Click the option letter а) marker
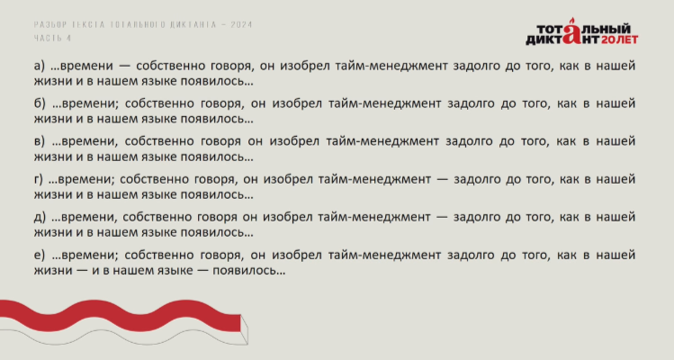tap(39, 66)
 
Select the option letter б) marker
tap(40, 103)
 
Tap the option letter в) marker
tap(39, 141)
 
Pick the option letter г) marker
tap(39, 179)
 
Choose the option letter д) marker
tap(40, 217)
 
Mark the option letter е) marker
tap(39, 255)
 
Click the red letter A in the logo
tap(571, 32)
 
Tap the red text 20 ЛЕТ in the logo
tap(619, 40)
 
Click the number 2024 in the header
tap(241, 24)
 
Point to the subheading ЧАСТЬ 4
tap(52, 39)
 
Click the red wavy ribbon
tap(121, 316)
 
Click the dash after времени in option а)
tap(124, 67)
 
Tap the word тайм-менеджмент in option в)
tap(382, 141)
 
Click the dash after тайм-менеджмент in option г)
tap(442, 180)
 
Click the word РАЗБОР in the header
tap(50, 24)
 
